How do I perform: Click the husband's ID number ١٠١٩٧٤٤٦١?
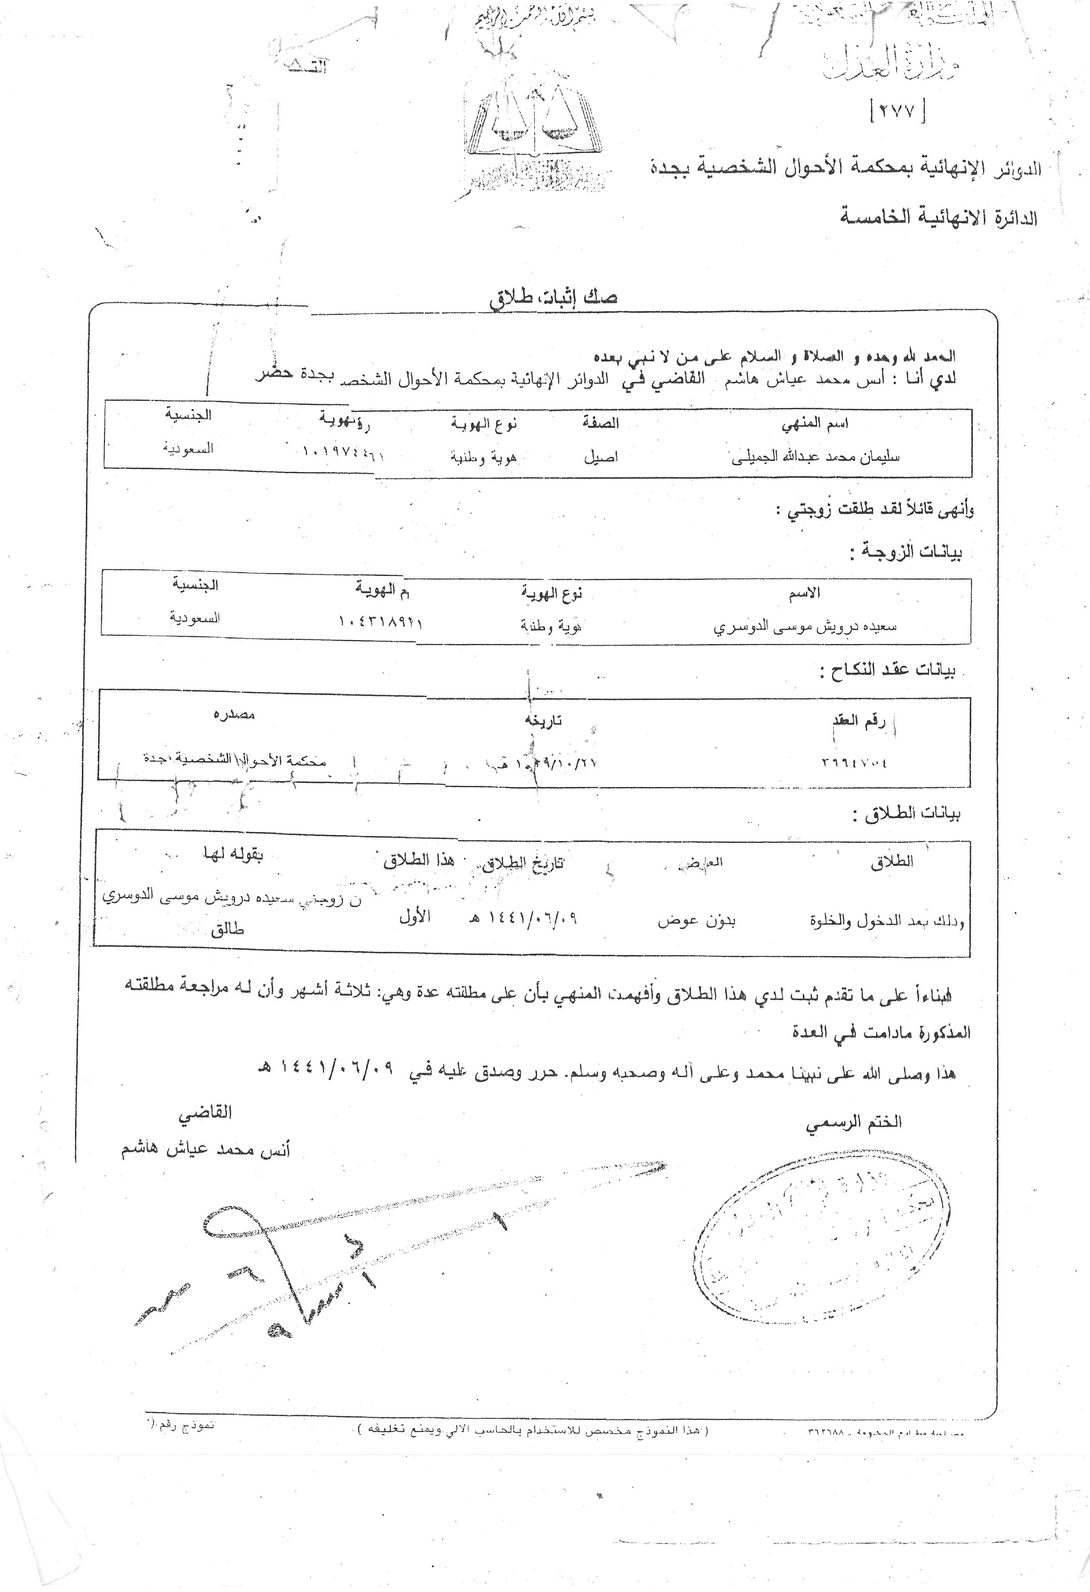(342, 453)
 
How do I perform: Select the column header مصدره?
(234, 715)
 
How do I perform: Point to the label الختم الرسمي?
(853, 1122)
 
